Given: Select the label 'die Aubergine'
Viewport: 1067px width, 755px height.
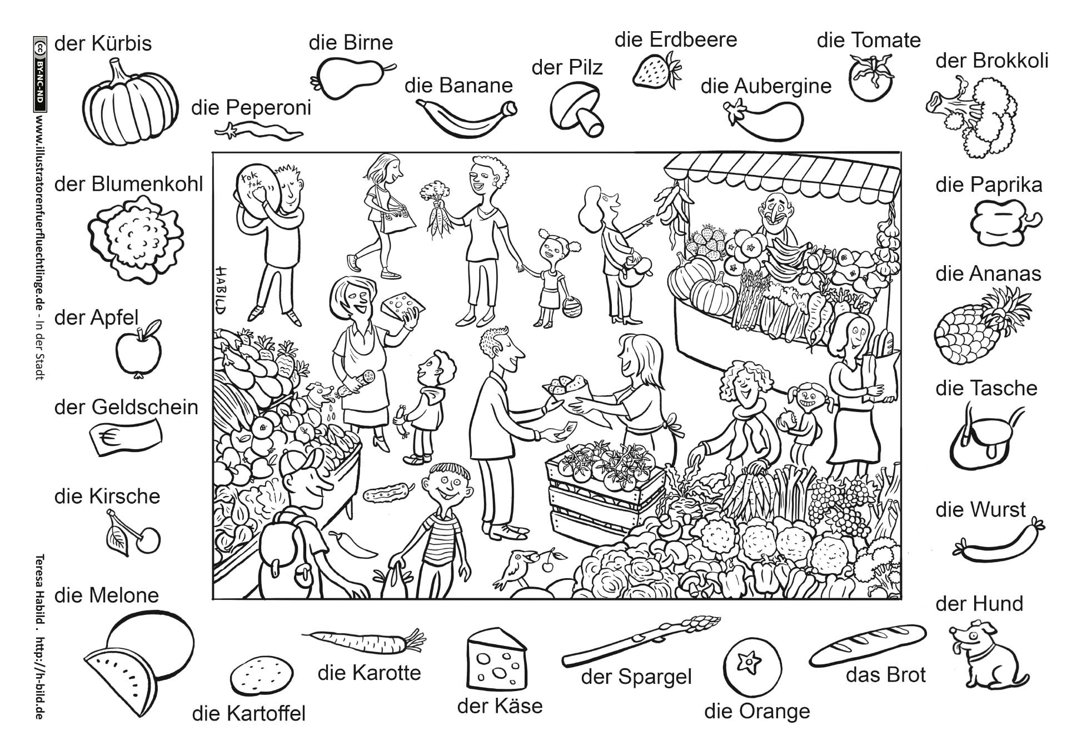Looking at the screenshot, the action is tap(766, 86).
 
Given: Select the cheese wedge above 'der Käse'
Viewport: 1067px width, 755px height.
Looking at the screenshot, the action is tap(496, 658).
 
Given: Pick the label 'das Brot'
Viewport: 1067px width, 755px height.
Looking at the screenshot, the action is tap(885, 675).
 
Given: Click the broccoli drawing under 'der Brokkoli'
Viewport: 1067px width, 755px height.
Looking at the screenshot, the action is tap(973, 117).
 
